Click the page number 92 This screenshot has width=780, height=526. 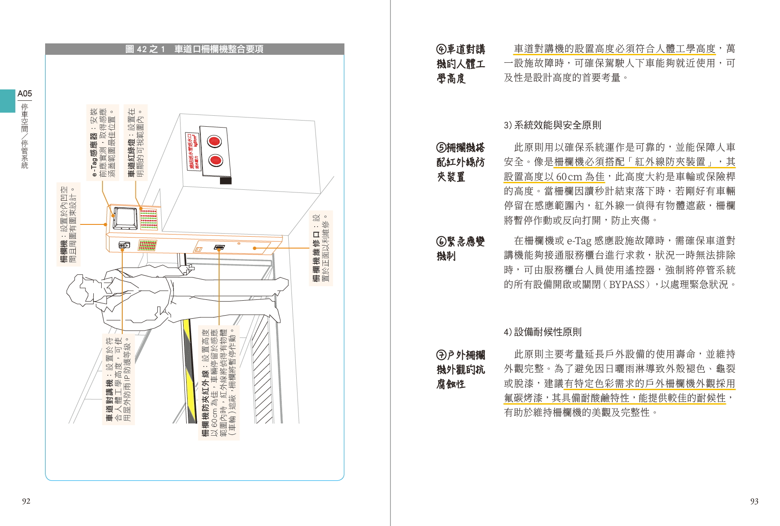coord(26,501)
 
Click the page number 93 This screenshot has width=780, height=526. coord(754,501)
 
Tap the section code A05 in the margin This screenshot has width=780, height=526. coord(25,94)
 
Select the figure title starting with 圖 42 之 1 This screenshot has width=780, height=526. coord(194,49)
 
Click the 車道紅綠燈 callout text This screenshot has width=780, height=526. coord(135,142)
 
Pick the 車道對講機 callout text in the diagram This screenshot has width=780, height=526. coord(118,379)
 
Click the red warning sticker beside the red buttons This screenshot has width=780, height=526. coord(192,151)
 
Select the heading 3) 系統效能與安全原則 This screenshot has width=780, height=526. coord(552,125)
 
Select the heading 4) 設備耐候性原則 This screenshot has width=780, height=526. coord(542,332)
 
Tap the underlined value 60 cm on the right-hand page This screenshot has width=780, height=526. coord(569,177)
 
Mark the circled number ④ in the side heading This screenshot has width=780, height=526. coord(441,50)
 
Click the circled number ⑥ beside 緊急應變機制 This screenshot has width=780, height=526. coord(441,242)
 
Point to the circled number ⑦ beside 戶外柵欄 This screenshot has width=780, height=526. coord(441,355)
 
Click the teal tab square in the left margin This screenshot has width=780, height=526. coord(7,101)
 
